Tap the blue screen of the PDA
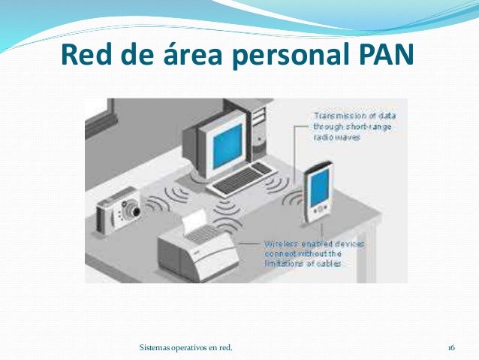319,188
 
